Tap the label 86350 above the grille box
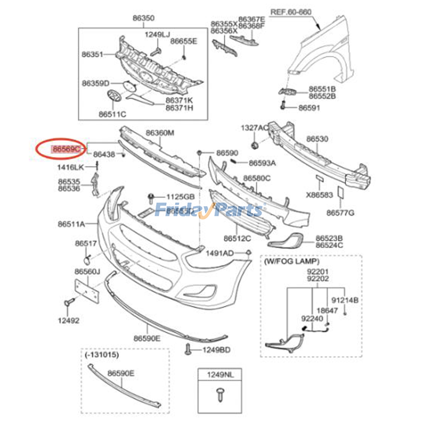(x=143, y=18)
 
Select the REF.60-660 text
(x=291, y=12)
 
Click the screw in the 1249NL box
(x=219, y=395)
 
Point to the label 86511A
(x=71, y=224)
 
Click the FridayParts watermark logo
(x=209, y=210)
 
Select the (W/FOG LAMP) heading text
(x=292, y=261)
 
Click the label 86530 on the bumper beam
(x=317, y=139)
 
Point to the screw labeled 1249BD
(x=188, y=349)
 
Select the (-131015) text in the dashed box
(x=102, y=355)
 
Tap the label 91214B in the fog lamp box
(x=345, y=300)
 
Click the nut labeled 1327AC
(x=254, y=145)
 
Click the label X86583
(x=319, y=195)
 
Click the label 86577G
(x=340, y=213)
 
